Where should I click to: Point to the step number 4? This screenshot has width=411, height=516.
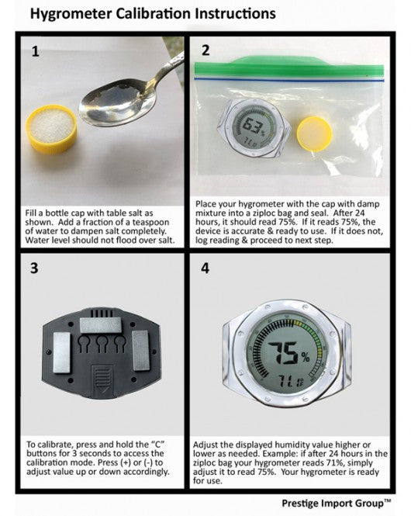pyautogui.click(x=206, y=269)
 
